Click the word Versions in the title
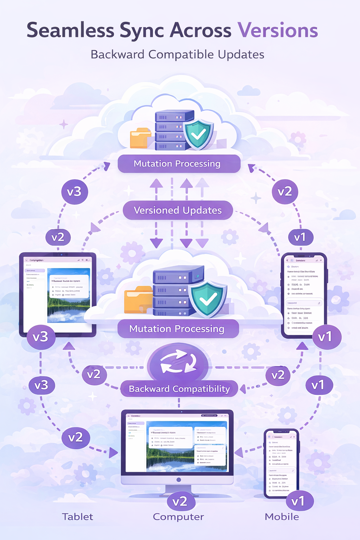pos(278,30)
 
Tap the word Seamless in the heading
pos(70,30)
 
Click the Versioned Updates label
pos(178,210)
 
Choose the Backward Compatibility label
pos(179,389)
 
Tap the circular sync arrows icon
pos(178,362)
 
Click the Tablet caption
pos(77,517)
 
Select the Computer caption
pos(178,517)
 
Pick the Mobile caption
pos(282,517)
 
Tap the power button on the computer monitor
pos(179,480)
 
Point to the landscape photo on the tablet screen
pos(69,295)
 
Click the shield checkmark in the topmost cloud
pos(198,134)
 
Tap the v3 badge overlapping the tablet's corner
pos(40,337)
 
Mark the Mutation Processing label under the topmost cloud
pos(177,164)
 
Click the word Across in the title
pos(200,30)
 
